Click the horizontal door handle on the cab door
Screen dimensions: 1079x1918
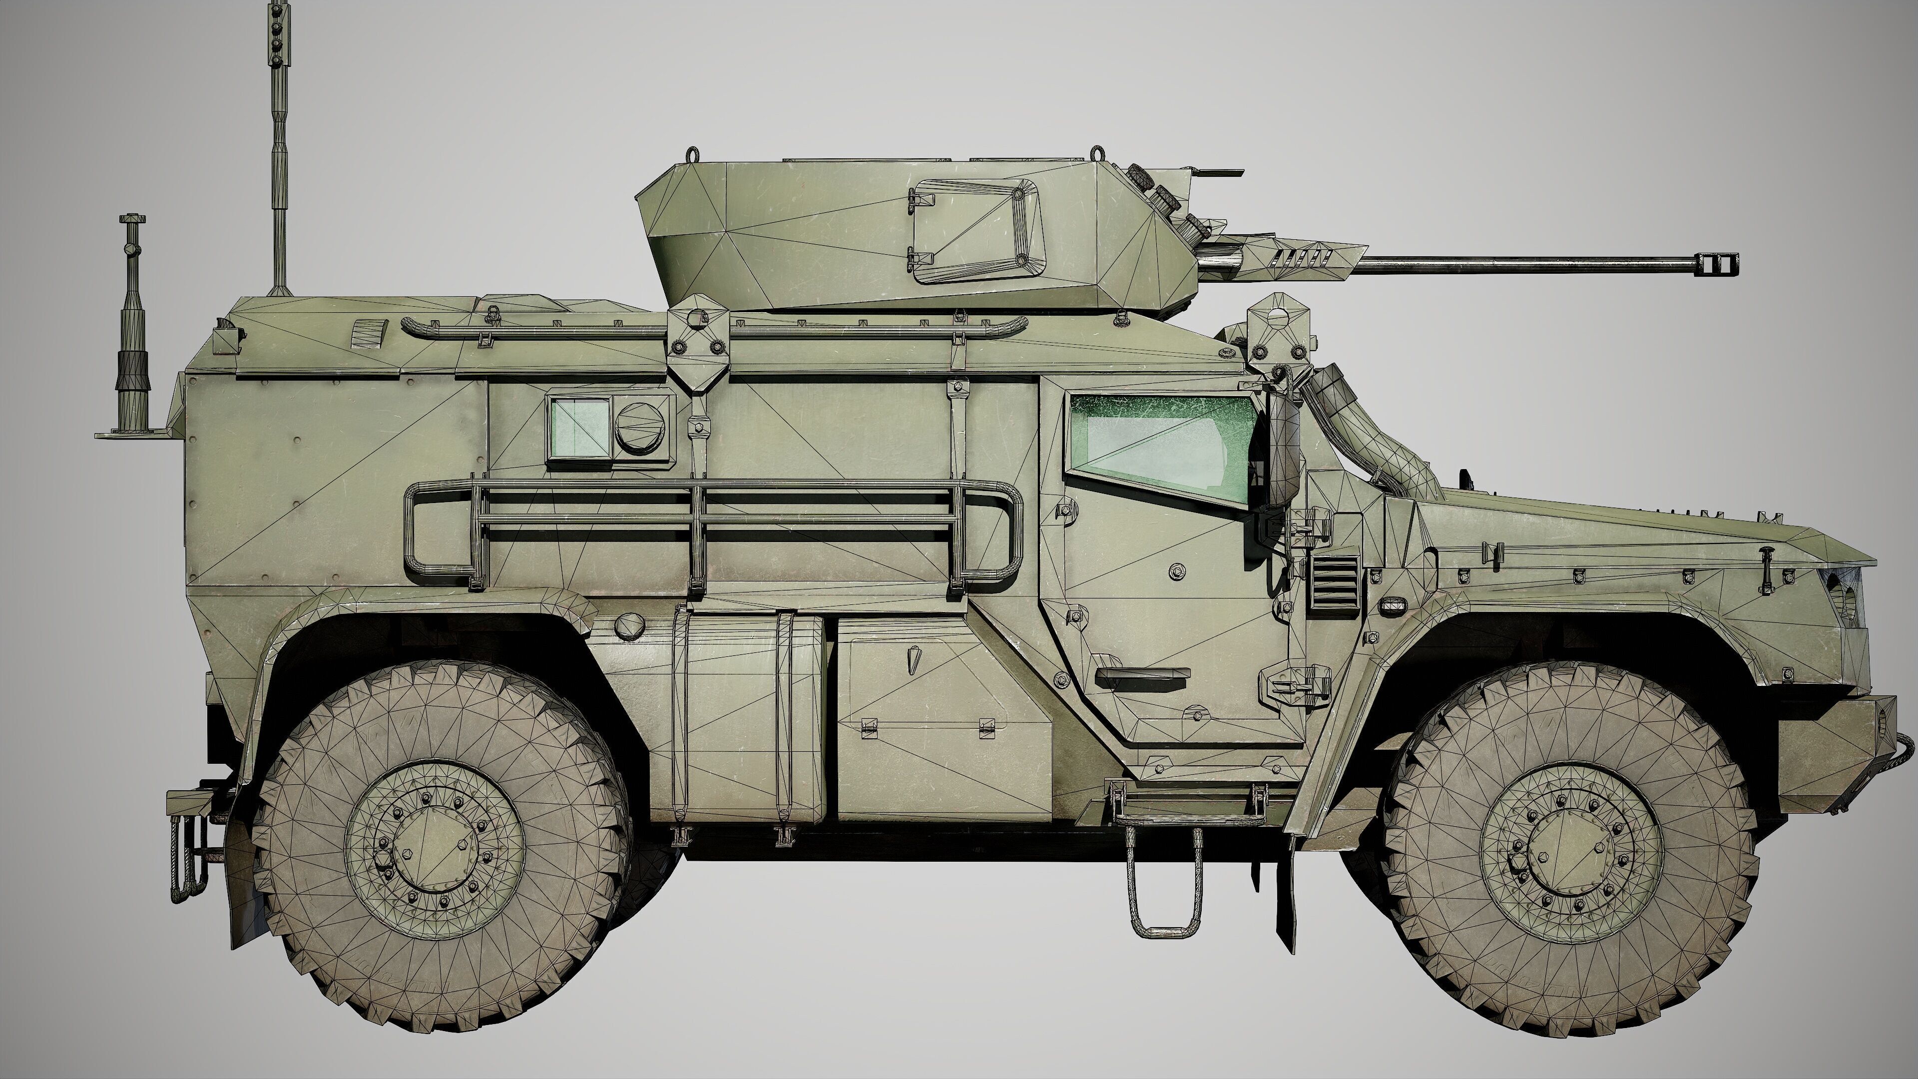tap(1141, 674)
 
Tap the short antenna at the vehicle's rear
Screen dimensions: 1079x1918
tap(132, 335)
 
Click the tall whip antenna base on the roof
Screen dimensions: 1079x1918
tap(279, 287)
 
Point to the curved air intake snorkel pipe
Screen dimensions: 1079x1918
tap(1355, 432)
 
